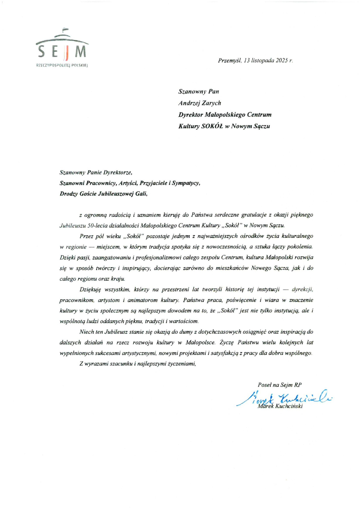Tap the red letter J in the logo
pos(67,52)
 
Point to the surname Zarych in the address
pos(211,103)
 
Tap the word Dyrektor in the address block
pos(190,115)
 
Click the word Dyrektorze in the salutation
pos(118,173)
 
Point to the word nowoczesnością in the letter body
pos(226,247)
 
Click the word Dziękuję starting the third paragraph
pos(90,289)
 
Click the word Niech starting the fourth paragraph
pos(86,332)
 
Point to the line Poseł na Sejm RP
pos(280,385)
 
